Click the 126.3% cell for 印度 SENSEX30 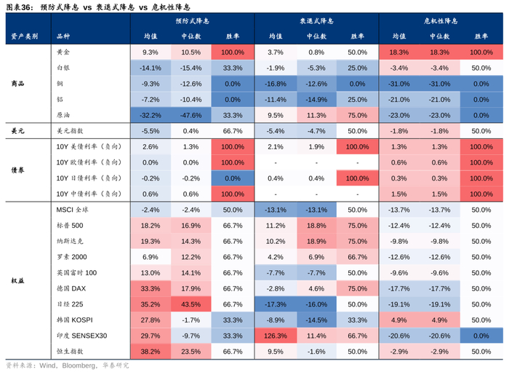tap(276, 336)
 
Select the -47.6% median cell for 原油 tap(191, 115)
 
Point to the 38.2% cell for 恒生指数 tap(150, 351)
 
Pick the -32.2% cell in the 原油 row tap(150, 115)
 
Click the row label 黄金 tap(63, 52)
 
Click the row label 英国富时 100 tap(76, 272)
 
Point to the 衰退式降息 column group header tap(317, 22)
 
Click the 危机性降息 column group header tap(441, 22)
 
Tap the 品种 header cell tap(63, 36)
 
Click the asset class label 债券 tap(18, 170)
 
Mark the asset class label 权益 tap(18, 280)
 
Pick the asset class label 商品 tap(18, 84)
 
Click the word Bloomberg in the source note tap(79, 365)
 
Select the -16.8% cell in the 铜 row tap(276, 84)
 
